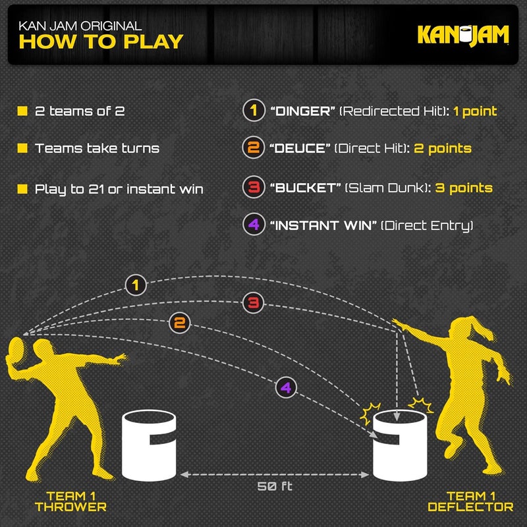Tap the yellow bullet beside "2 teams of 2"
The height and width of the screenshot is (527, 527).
(22, 111)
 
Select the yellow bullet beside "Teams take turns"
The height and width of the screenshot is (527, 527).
(22, 148)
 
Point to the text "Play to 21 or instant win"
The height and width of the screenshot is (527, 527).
(119, 189)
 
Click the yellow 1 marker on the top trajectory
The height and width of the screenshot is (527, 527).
(135, 285)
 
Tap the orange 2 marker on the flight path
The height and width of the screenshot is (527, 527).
(179, 323)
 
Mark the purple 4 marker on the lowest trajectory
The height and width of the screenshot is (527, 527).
(285, 388)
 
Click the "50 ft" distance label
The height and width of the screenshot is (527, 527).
(276, 486)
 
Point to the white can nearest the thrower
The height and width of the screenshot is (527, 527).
(151, 445)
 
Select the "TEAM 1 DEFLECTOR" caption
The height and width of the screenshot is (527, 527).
(470, 501)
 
